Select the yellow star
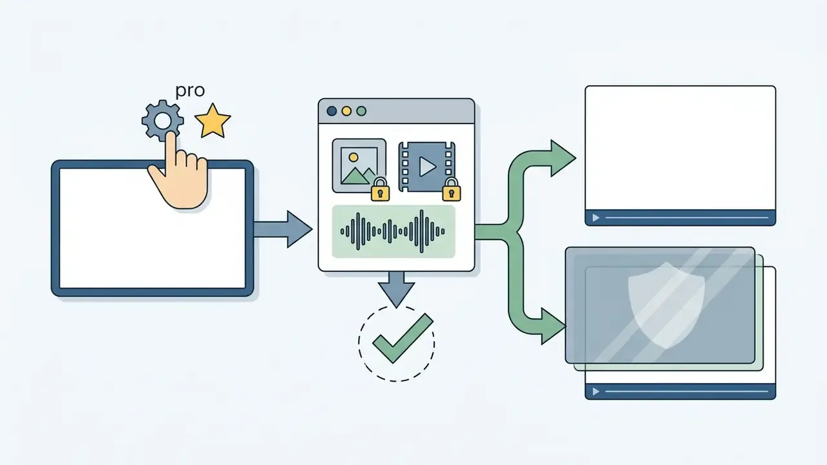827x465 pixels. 213,121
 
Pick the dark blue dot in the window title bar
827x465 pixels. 331,111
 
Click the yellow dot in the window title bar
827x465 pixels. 346,111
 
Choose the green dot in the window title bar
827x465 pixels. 361,111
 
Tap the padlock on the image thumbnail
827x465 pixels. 381,190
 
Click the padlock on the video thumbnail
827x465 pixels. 452,190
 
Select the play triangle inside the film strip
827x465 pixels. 427,167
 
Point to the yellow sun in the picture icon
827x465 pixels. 353,158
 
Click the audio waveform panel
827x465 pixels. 393,231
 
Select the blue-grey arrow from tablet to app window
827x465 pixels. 283,229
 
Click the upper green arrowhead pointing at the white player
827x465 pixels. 563,158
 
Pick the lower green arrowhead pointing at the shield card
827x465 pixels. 552,326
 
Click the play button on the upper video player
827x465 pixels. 596,218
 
